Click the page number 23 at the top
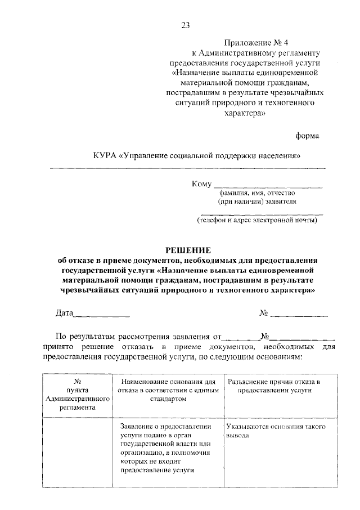(186, 25)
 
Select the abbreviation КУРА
(106, 155)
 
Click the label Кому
(201, 184)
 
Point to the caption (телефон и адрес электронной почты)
(256, 220)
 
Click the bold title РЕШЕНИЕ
(188, 250)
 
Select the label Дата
(65, 313)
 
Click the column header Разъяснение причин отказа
(274, 386)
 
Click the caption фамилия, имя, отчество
(257, 193)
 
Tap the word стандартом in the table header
(168, 398)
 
